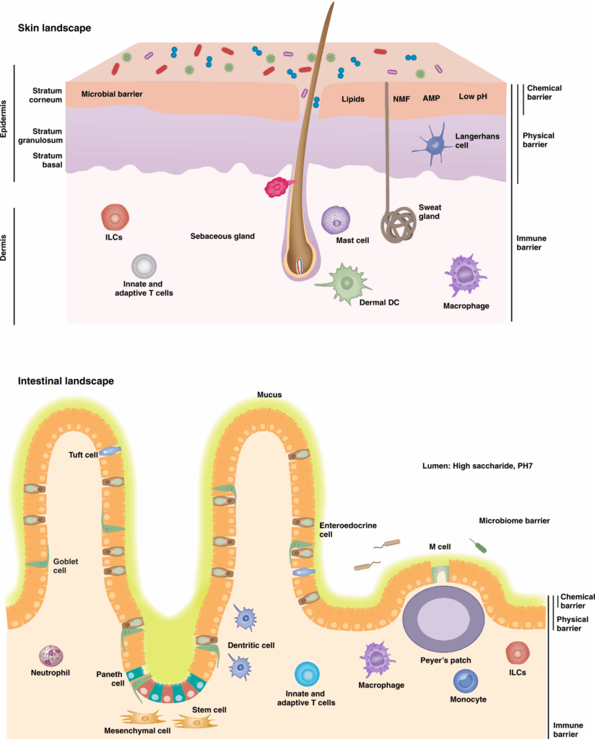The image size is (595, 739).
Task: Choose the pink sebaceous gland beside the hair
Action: point(277,188)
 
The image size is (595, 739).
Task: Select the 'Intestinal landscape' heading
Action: point(66,380)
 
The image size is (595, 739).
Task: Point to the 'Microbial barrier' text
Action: point(112,95)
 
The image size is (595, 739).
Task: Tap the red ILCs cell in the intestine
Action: point(518,653)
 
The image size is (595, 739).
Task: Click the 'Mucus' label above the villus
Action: point(269,395)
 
